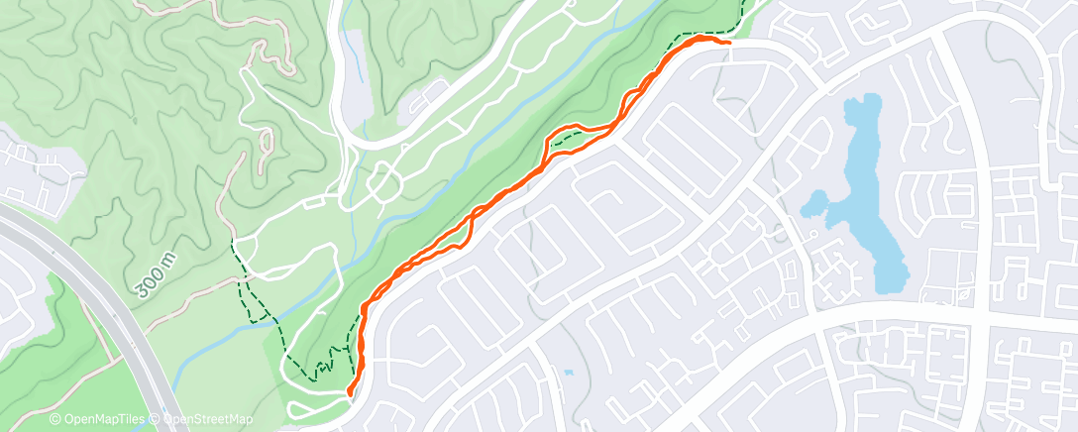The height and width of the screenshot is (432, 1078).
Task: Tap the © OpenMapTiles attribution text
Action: click(98, 420)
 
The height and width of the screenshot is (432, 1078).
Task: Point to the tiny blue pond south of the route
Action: click(568, 373)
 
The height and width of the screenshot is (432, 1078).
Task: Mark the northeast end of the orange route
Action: click(729, 43)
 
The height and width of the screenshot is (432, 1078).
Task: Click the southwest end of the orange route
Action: click(350, 392)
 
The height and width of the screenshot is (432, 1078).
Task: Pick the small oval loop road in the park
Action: click(380, 184)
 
